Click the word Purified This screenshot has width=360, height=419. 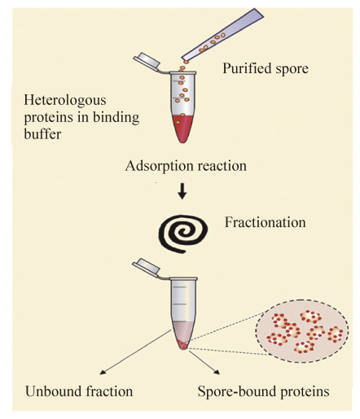[x=247, y=68]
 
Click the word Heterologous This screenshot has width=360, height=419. [x=65, y=101]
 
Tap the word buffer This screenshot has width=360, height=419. [x=42, y=134]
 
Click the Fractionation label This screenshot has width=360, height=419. [x=265, y=222]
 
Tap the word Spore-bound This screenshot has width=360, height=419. [x=237, y=392]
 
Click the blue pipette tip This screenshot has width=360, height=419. [x=222, y=34]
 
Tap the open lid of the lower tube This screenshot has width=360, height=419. [x=146, y=267]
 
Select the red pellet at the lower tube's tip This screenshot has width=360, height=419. [x=182, y=345]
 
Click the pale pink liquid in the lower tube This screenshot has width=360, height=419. [x=183, y=330]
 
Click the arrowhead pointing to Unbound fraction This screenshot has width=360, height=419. [x=102, y=372]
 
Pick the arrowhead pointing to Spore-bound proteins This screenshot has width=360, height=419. [x=217, y=372]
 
